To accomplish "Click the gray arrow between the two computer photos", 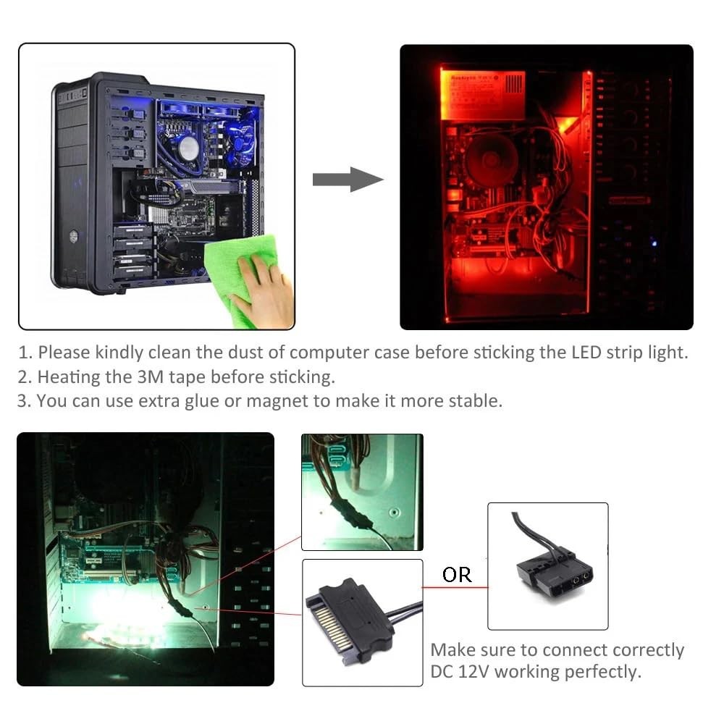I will (346, 179).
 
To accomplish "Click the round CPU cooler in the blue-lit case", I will (188, 148).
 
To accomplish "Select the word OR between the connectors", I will (457, 574).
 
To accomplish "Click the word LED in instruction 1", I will (573, 353).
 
